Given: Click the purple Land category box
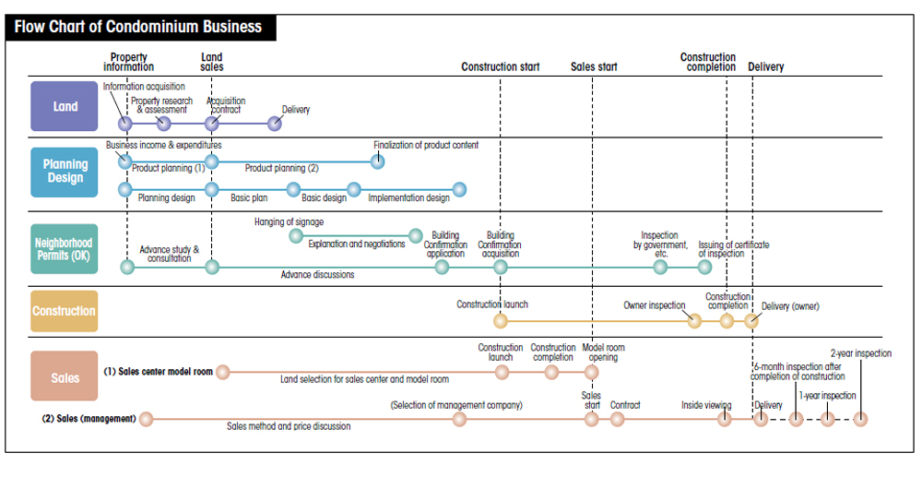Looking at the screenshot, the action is (65, 106).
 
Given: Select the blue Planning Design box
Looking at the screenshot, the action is (65, 172).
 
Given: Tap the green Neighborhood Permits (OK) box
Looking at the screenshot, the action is (65, 249).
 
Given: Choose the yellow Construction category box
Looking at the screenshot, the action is (65, 311).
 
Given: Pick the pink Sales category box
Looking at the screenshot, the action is (65, 376).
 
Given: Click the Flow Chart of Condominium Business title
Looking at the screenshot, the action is (138, 27).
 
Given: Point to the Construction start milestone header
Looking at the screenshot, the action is (501, 66).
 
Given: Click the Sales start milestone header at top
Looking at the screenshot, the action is (594, 66).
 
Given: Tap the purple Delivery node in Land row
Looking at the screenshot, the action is (275, 124).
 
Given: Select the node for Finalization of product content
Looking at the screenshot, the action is (378, 161).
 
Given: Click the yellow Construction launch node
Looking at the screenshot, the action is (501, 321).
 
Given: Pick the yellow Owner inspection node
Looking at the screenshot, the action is (694, 321).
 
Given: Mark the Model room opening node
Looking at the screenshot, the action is (592, 373).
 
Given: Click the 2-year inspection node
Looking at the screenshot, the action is (860, 420).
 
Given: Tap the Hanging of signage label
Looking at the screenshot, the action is (289, 221).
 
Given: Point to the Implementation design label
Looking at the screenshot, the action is (408, 198).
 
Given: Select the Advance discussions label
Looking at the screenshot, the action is (317, 275).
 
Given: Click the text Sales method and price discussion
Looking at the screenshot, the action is (289, 426).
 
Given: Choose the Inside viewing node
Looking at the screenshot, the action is (725, 419).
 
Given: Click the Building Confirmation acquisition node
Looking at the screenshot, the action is (501, 267).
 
